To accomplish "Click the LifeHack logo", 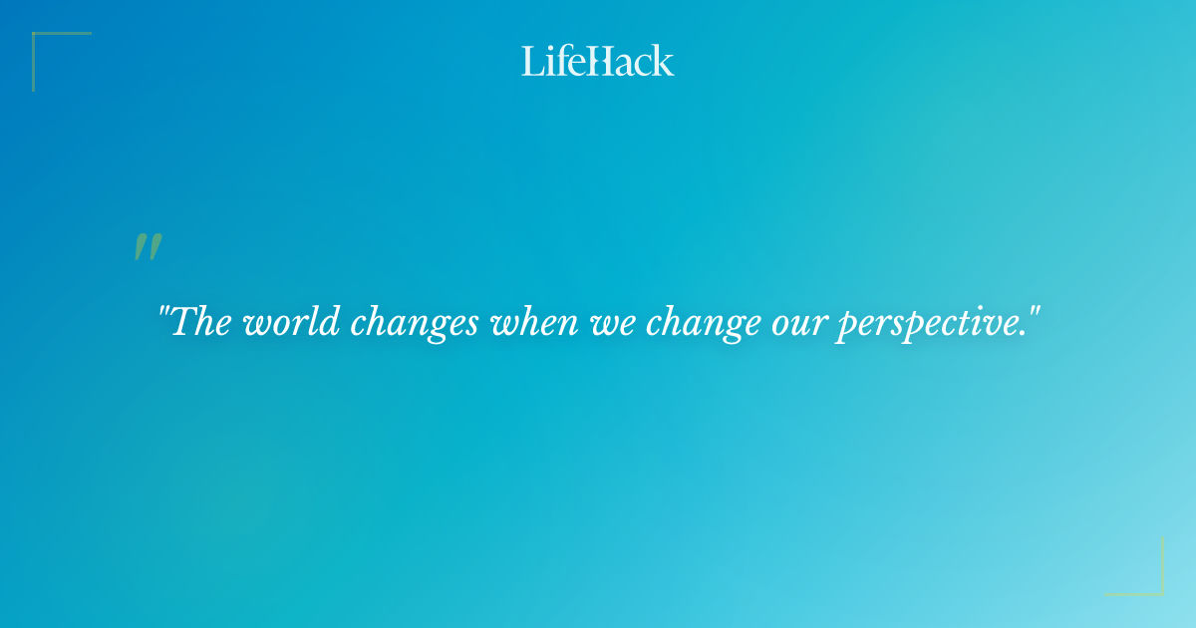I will (x=598, y=61).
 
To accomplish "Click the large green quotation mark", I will (x=148, y=247).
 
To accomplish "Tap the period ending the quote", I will (x=1022, y=334).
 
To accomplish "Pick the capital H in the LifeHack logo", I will (x=598, y=61).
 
